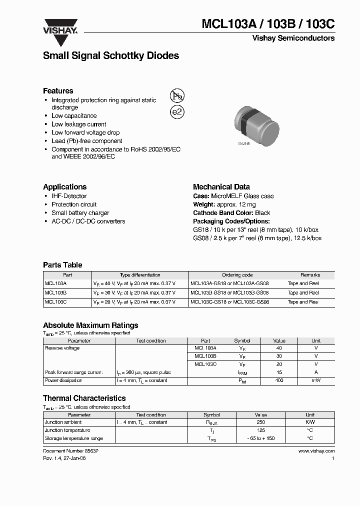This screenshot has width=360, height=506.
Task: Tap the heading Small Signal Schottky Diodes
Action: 111,56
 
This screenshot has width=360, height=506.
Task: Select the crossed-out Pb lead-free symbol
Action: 177,96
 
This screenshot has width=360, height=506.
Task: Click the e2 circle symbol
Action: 177,112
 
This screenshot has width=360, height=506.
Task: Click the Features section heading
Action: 58,91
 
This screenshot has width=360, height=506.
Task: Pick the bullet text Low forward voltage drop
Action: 85,132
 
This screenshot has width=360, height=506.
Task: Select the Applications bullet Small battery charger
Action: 80,213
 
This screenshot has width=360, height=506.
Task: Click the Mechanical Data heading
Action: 221,187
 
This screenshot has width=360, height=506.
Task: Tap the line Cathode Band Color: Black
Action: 231,213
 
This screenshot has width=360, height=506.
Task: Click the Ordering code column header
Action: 237,275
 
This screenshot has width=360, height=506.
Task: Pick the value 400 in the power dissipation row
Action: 279,380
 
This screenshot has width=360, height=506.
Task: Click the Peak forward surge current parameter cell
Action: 74,372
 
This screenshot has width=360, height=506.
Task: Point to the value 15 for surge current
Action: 279,372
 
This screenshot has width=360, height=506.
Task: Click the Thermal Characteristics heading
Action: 84,398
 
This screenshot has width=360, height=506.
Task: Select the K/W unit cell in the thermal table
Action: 310,422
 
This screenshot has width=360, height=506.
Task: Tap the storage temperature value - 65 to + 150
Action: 260,438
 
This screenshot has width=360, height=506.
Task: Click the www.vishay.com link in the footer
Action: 316,451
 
